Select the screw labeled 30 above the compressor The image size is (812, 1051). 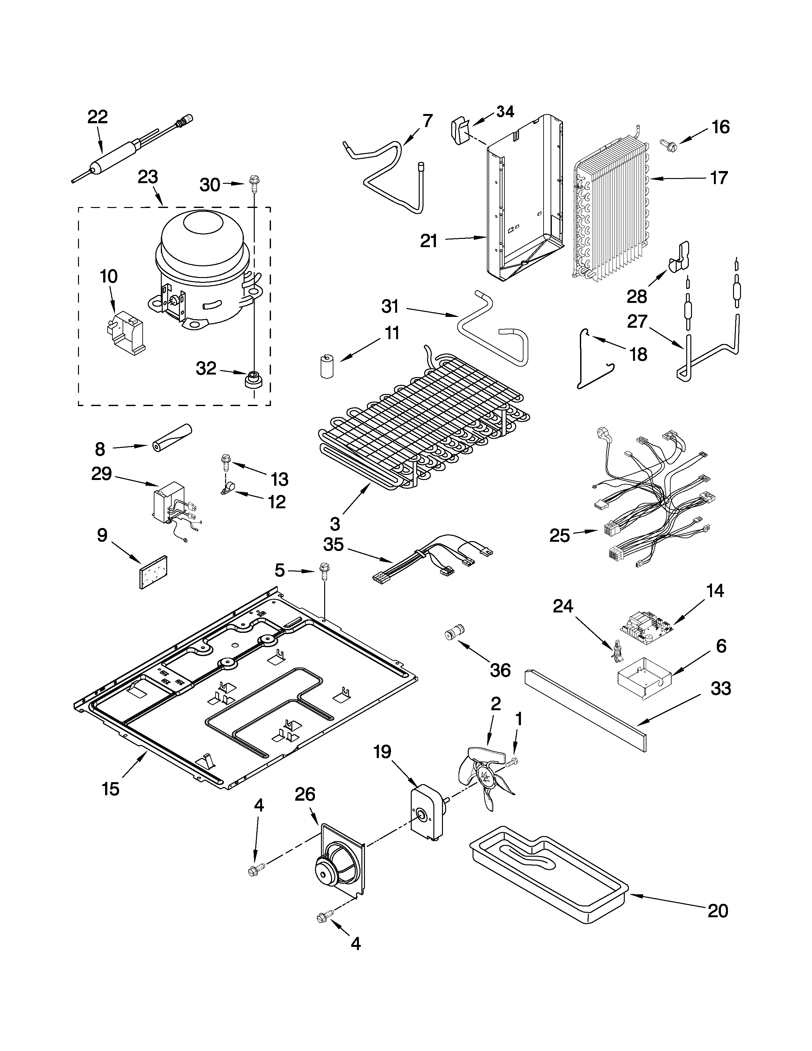click(253, 182)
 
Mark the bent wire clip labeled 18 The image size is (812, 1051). click(589, 366)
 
